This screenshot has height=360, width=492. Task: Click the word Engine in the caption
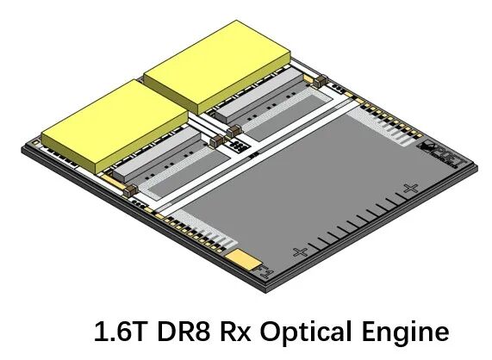(x=405, y=332)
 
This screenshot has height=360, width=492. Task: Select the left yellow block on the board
(x=115, y=126)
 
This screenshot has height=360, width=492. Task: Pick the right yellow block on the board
(x=217, y=67)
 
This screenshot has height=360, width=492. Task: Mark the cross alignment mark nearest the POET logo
(x=410, y=189)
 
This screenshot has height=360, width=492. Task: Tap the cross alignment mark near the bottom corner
(x=300, y=251)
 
